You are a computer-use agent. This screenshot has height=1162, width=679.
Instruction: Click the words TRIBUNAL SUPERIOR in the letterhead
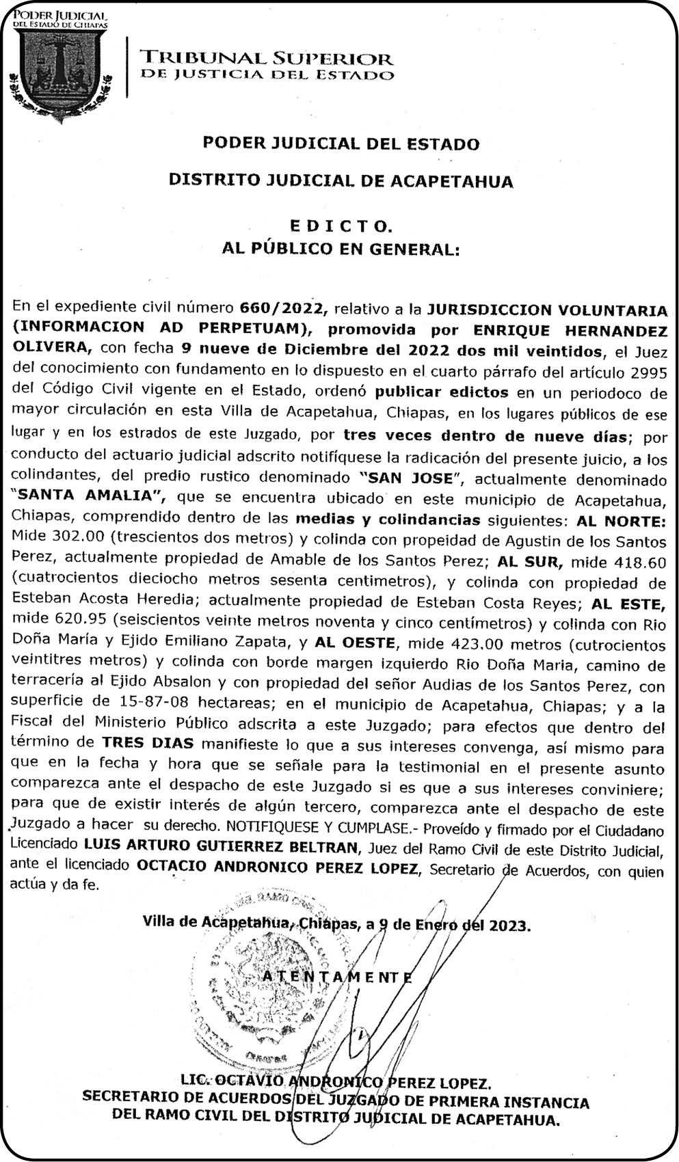point(266,59)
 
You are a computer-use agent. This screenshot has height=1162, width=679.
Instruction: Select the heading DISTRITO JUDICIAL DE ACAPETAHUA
point(341,181)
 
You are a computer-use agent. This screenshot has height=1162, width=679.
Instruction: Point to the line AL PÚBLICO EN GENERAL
point(341,249)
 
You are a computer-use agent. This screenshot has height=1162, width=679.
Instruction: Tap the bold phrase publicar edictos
point(441,393)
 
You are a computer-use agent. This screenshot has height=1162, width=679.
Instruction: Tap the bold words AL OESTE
point(354,644)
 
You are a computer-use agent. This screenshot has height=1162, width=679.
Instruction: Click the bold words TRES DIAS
point(148,743)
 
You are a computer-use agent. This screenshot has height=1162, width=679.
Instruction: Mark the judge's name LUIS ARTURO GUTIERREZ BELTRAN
point(222,848)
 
